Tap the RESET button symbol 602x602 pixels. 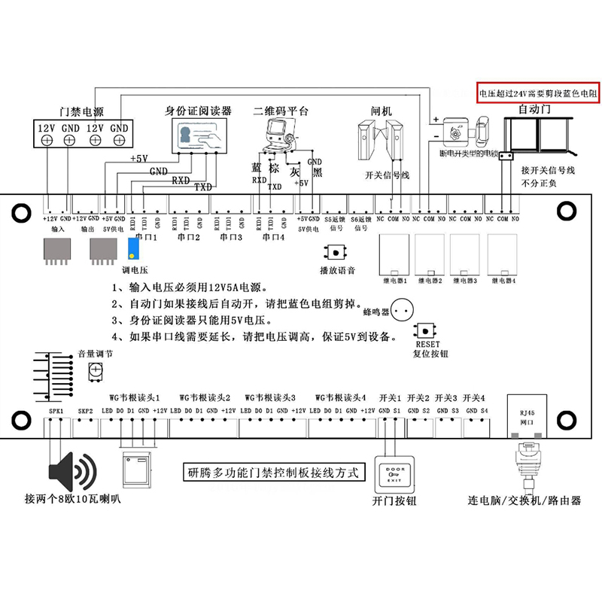tap(426, 332)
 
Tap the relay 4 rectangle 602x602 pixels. tap(503, 255)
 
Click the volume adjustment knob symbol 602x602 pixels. tap(96, 368)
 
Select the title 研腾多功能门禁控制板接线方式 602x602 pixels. tap(274, 473)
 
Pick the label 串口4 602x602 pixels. tap(272, 237)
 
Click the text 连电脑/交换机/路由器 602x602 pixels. tap(524, 500)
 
